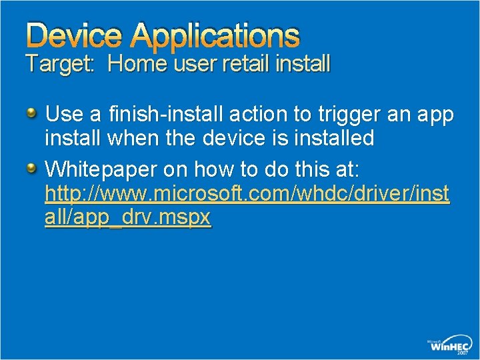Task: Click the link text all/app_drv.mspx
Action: coord(128,218)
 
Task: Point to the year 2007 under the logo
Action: coord(462,354)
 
